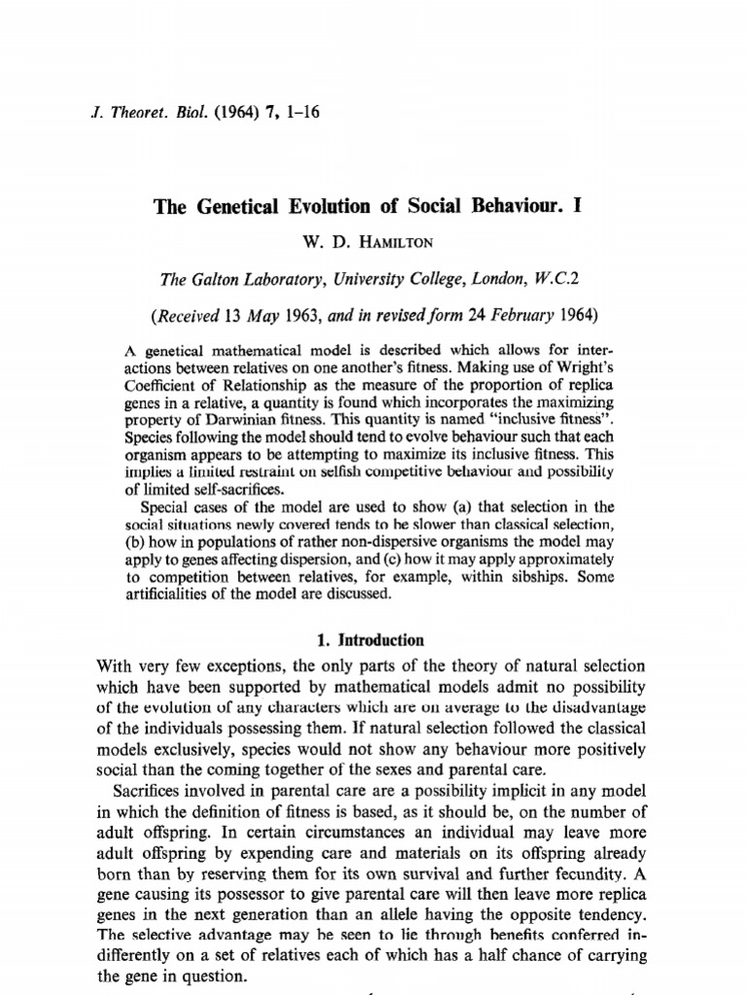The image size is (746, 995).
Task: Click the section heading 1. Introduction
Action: click(373, 641)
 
